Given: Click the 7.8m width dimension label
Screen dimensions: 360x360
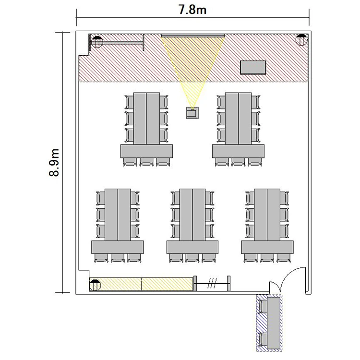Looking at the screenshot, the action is click(x=192, y=10).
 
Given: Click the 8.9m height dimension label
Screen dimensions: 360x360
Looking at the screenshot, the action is click(x=54, y=163).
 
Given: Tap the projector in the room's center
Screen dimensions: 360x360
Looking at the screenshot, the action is click(x=192, y=113).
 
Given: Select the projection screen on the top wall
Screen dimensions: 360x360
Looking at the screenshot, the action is click(x=192, y=36).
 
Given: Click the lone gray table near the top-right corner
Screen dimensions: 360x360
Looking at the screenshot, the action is click(x=253, y=68).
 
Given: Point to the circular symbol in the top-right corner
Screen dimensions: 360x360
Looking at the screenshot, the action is click(x=301, y=40).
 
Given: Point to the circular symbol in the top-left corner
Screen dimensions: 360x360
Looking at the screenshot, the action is click(x=97, y=42).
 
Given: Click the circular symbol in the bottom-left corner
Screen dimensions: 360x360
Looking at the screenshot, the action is click(x=95, y=286).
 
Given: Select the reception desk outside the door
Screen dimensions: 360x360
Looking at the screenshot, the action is click(x=274, y=323).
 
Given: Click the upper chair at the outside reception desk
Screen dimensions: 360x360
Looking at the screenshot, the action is click(x=263, y=307).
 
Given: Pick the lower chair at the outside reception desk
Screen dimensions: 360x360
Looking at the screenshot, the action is click(x=263, y=339).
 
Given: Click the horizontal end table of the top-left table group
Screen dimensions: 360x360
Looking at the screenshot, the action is click(x=146, y=151).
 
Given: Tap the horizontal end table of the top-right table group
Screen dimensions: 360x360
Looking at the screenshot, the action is click(x=238, y=151).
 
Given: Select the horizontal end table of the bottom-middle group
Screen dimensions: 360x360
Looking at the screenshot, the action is click(x=192, y=247).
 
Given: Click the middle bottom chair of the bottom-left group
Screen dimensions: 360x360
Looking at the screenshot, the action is click(x=118, y=258).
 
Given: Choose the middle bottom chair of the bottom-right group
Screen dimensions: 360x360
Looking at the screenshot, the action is click(x=267, y=258).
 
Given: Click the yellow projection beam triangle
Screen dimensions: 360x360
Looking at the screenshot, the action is click(x=192, y=64).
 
